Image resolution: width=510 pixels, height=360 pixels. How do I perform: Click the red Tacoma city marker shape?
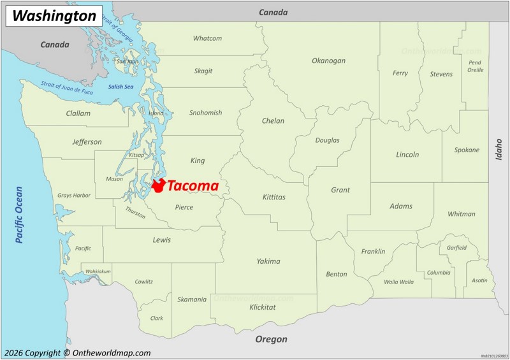click(158, 185)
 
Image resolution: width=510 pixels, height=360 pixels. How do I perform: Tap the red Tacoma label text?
click(193, 186)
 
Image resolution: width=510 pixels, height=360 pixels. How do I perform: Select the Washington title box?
click(54, 16)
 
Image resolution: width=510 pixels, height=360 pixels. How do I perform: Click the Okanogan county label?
click(328, 61)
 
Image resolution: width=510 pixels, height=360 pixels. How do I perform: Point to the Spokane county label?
click(467, 150)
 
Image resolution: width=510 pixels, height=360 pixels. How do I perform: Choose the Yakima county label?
click(268, 261)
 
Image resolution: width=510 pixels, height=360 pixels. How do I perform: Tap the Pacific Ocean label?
click(19, 215)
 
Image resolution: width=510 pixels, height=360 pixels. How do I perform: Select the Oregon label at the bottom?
click(272, 340)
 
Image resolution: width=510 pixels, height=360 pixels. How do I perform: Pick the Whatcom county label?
click(207, 38)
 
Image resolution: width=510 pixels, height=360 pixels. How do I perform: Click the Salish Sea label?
click(120, 87)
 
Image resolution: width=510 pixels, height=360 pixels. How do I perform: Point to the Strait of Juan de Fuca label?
click(67, 88)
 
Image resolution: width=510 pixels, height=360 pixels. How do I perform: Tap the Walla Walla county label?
click(398, 282)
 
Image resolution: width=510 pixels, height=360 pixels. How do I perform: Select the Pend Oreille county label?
click(475, 66)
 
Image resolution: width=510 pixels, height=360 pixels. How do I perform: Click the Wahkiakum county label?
click(98, 271)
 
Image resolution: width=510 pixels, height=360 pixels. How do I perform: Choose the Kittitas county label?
click(274, 198)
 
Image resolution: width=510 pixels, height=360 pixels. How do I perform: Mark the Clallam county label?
click(78, 113)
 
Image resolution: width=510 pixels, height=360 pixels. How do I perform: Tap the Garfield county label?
click(456, 248)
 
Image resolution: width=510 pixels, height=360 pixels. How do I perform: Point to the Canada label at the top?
click(273, 12)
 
